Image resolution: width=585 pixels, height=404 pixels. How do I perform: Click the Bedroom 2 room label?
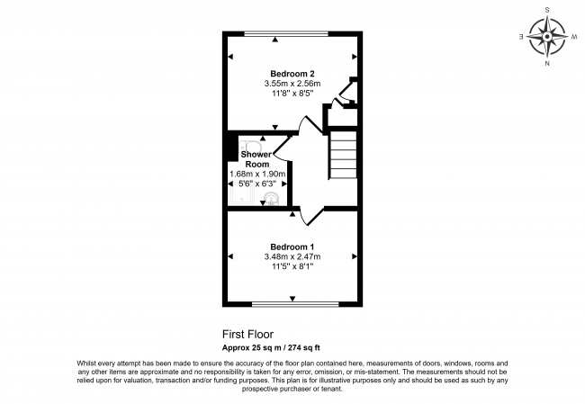292,74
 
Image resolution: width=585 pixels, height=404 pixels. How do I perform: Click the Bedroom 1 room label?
292,246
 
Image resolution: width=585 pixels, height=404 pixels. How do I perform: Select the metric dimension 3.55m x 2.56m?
292,84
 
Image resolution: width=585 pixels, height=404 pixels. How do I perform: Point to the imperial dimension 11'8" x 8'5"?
292,94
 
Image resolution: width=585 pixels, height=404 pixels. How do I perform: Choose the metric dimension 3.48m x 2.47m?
292,256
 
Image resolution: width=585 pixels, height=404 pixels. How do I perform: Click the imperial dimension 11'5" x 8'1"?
292,266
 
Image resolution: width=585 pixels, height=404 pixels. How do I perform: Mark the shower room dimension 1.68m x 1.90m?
257,174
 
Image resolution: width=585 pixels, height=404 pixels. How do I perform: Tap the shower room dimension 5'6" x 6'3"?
257,184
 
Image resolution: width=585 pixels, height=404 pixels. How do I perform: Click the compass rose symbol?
546,37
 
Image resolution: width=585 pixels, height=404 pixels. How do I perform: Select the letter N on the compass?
547,65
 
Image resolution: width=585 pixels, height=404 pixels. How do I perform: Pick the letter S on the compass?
546,10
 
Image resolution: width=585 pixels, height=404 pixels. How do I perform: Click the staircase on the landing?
343,157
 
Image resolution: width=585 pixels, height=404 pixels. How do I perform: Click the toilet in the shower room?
251,147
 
